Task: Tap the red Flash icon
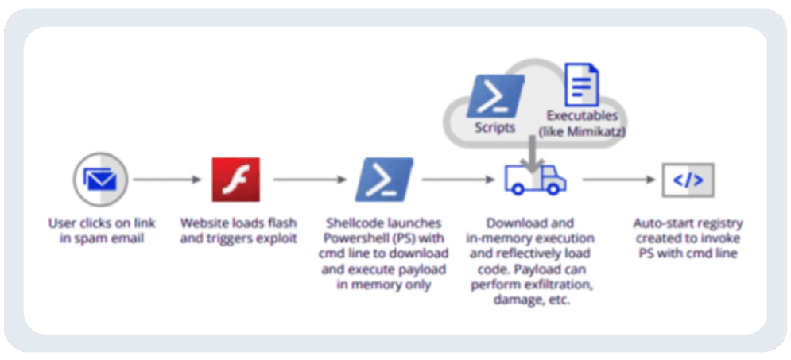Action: click(235, 180)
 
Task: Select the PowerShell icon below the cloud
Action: click(383, 180)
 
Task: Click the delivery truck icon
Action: click(535, 180)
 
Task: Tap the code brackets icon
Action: click(688, 180)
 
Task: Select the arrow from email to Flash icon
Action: click(167, 180)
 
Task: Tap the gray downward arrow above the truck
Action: click(534, 151)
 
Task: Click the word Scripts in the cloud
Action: click(494, 127)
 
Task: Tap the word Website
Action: click(205, 223)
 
